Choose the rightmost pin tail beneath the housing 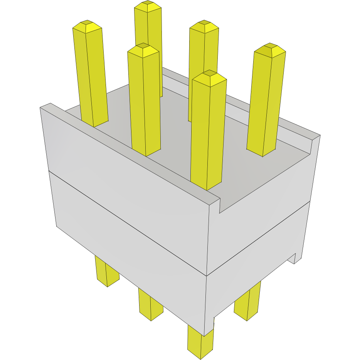[247, 304]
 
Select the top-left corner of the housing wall [40, 108]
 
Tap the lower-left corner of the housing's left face [57, 226]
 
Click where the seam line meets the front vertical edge [207, 275]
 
